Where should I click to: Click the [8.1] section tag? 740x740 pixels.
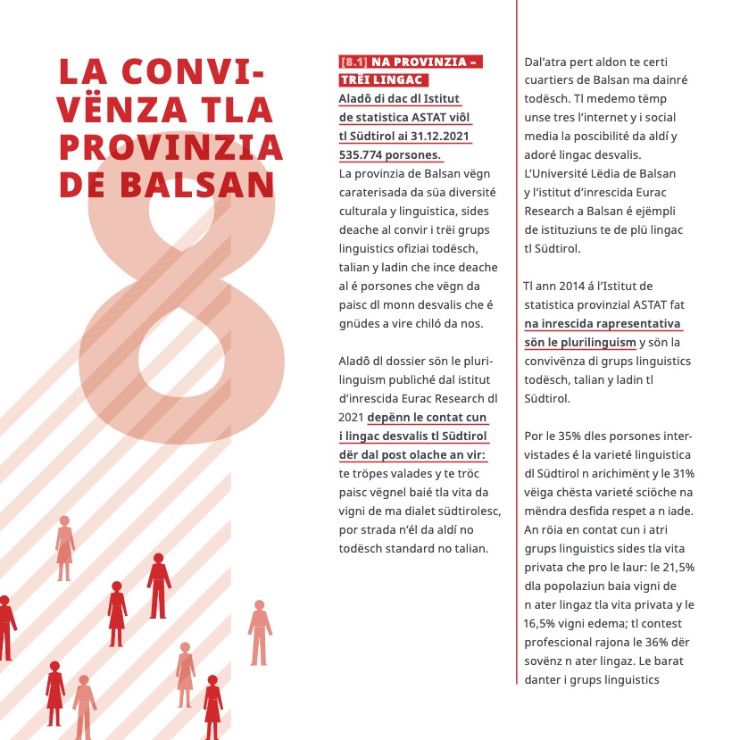point(354,62)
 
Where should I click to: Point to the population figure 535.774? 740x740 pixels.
point(368,154)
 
